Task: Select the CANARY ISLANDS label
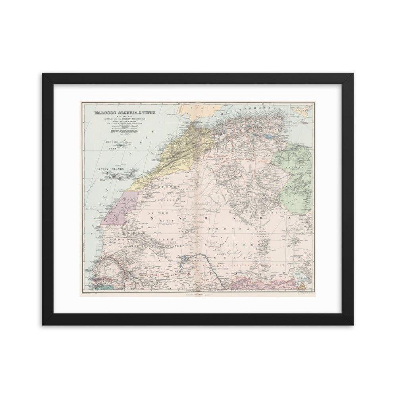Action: click(x=110, y=170)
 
